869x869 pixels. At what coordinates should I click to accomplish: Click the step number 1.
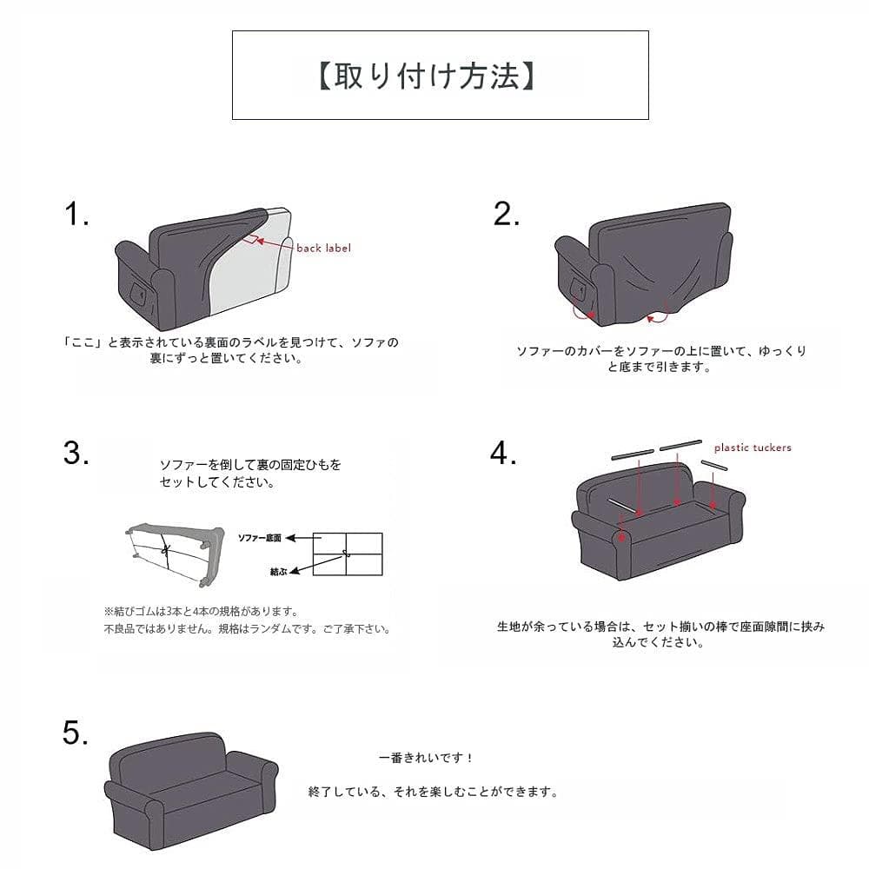tap(76, 214)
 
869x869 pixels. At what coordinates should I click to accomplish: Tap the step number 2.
tap(506, 214)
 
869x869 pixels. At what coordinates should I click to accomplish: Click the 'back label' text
tap(323, 248)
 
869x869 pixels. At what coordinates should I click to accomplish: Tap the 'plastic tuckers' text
tap(752, 448)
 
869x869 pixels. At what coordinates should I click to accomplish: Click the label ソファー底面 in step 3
tap(260, 539)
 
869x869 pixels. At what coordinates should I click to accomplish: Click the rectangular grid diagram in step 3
tap(347, 554)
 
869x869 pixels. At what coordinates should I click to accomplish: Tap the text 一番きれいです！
tap(427, 759)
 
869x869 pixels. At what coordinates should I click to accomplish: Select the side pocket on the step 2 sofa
tap(578, 287)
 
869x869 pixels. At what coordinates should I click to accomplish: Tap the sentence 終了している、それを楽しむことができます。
tap(433, 792)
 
